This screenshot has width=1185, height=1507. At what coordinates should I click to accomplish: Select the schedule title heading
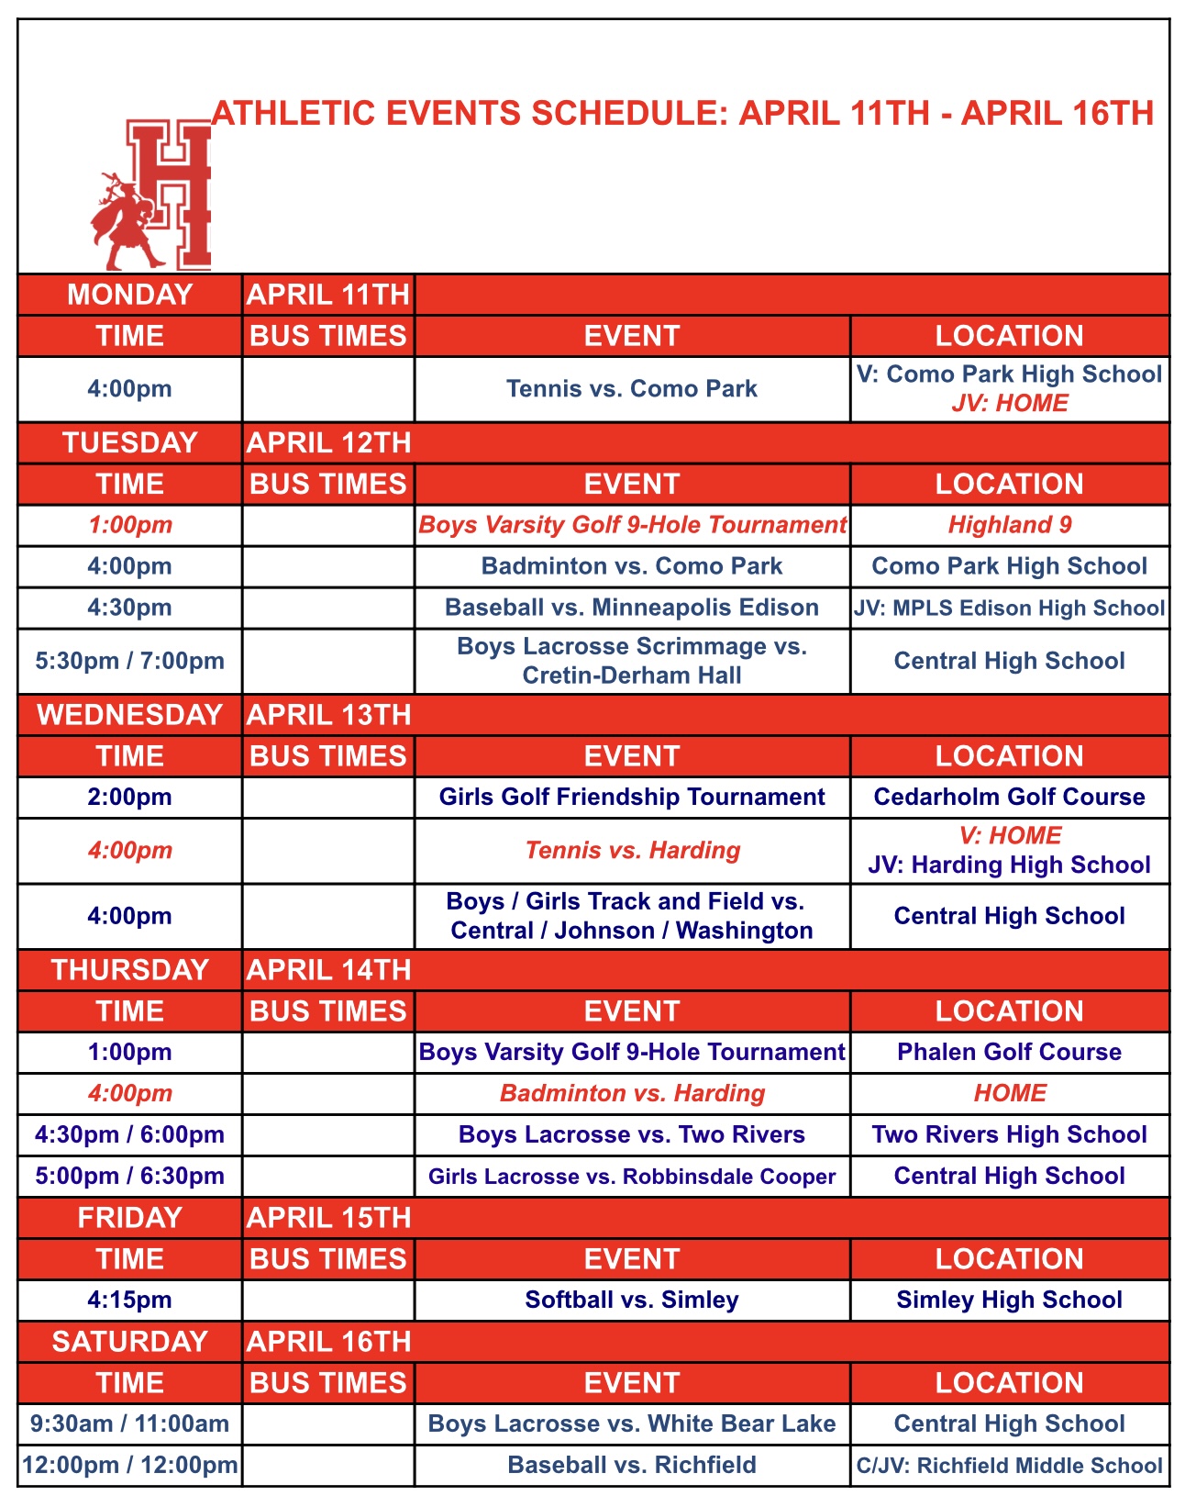682,113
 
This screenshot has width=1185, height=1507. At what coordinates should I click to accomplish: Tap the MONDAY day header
130,295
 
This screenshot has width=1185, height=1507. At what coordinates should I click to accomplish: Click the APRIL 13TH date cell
328,715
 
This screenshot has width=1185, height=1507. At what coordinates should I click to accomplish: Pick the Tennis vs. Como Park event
632,388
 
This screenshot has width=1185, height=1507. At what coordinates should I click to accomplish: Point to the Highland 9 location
1010,525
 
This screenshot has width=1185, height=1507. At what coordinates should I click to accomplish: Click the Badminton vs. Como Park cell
632,566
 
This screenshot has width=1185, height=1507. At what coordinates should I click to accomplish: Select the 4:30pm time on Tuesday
130,608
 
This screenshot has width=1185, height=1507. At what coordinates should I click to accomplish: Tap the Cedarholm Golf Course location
1010,797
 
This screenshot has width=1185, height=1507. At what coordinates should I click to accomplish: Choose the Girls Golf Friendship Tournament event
632,797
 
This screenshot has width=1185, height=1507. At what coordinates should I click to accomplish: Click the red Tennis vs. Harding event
632,850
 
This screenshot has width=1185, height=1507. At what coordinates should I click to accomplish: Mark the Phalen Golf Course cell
1010,1052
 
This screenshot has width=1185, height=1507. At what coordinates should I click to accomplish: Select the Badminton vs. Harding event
632,1093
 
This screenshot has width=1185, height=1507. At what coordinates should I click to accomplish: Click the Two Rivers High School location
1010,1134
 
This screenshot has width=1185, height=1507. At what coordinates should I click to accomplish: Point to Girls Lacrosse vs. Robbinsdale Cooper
632,1177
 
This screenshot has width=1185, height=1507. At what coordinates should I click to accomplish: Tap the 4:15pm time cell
130,1300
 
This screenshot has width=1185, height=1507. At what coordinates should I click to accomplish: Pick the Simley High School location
1010,1300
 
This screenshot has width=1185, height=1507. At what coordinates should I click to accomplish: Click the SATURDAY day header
130,1342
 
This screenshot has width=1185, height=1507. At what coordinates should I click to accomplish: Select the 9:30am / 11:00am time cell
130,1423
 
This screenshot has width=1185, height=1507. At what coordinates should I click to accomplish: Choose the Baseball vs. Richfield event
632,1465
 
